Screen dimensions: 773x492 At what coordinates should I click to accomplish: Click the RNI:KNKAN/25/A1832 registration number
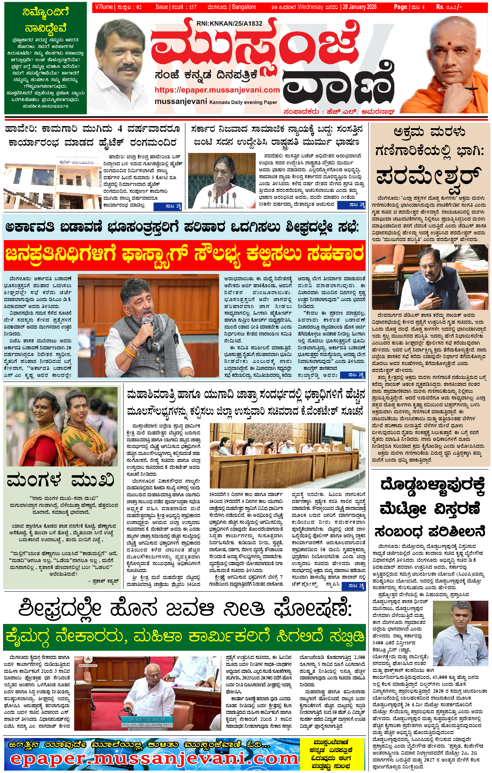coord(229,23)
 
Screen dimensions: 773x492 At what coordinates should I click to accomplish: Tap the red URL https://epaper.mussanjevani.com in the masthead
coord(217,90)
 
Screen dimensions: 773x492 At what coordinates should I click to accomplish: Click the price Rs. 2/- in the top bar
coord(449,7)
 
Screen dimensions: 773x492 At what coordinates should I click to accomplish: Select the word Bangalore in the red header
coord(244,7)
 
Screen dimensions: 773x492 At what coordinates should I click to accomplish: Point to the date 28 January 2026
coord(360,7)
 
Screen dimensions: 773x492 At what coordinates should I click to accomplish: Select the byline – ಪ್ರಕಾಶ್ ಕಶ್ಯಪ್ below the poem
coord(103,581)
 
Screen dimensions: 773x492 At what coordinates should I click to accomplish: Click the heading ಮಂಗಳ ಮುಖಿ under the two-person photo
coord(60,481)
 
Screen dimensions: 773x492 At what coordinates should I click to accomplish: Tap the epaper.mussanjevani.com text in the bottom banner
coord(154,759)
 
